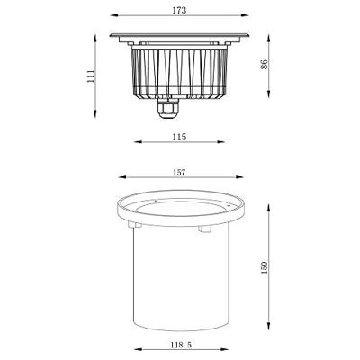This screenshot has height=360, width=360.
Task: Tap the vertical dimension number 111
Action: pos(88,78)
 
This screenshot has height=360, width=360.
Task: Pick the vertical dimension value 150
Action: pos(264,267)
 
